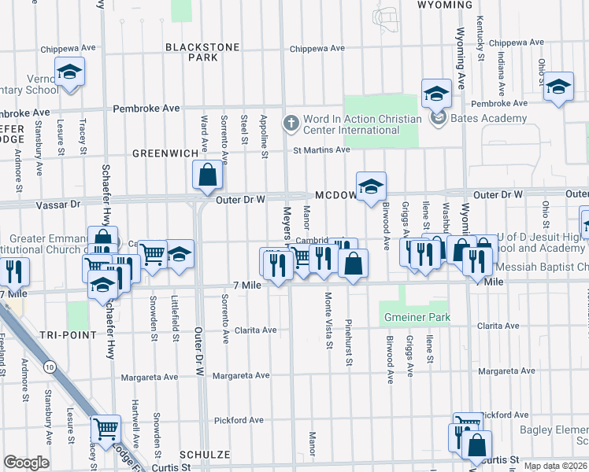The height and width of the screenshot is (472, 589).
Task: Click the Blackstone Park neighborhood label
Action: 202,52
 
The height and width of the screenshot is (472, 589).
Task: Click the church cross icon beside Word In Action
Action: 291,123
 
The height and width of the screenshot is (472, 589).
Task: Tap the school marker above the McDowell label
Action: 371,186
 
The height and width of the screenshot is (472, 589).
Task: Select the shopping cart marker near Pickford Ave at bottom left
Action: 106,430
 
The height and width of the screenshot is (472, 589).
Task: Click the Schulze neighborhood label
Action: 204,455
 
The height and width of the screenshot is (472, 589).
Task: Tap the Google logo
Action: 26,463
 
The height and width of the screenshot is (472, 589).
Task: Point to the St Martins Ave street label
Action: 321,149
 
